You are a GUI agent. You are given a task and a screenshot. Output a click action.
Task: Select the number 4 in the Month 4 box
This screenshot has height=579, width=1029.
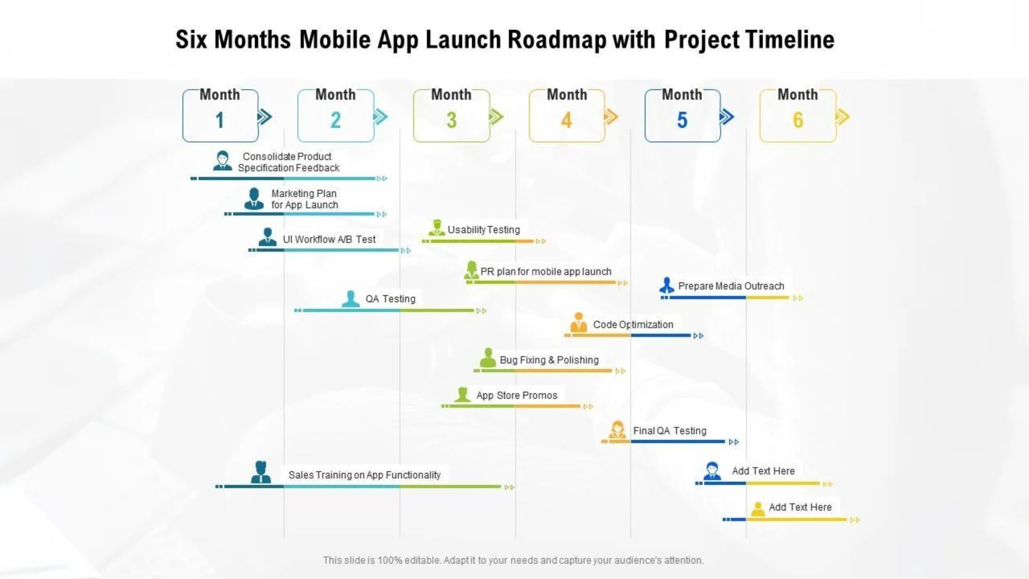(x=566, y=120)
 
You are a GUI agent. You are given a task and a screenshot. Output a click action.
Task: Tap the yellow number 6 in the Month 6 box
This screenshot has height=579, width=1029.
(x=798, y=120)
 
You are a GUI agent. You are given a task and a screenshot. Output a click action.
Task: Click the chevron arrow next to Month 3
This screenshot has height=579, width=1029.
(x=496, y=117)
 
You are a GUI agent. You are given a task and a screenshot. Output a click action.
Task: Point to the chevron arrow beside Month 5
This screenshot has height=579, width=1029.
(x=727, y=117)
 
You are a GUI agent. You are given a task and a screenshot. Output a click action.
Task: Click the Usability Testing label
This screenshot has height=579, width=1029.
(x=483, y=229)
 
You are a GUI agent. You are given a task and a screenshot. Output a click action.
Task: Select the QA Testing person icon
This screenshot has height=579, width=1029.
(x=351, y=299)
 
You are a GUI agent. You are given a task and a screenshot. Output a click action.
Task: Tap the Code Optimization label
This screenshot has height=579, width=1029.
(x=633, y=324)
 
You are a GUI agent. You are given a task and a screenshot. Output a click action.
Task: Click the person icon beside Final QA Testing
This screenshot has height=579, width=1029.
(x=617, y=430)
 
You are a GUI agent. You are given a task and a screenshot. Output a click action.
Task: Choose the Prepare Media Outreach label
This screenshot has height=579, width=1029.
(x=731, y=286)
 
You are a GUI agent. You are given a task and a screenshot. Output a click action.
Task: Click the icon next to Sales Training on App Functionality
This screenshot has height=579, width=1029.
(x=261, y=472)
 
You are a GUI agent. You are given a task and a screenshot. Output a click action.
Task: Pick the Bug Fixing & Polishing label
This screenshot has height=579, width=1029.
(x=549, y=360)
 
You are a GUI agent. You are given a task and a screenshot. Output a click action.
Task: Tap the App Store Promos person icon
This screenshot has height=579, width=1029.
(x=462, y=395)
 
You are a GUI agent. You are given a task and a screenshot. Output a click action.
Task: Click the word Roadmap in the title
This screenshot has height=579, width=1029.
(x=557, y=40)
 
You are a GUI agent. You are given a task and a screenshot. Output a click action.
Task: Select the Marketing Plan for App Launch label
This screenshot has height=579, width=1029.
(x=304, y=199)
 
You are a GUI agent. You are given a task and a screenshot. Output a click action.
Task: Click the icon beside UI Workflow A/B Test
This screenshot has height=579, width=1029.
(x=267, y=237)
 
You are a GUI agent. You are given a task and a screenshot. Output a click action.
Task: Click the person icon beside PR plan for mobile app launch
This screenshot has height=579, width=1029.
(x=471, y=270)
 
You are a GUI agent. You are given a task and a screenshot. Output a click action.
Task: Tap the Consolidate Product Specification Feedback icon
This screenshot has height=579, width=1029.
(x=222, y=160)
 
